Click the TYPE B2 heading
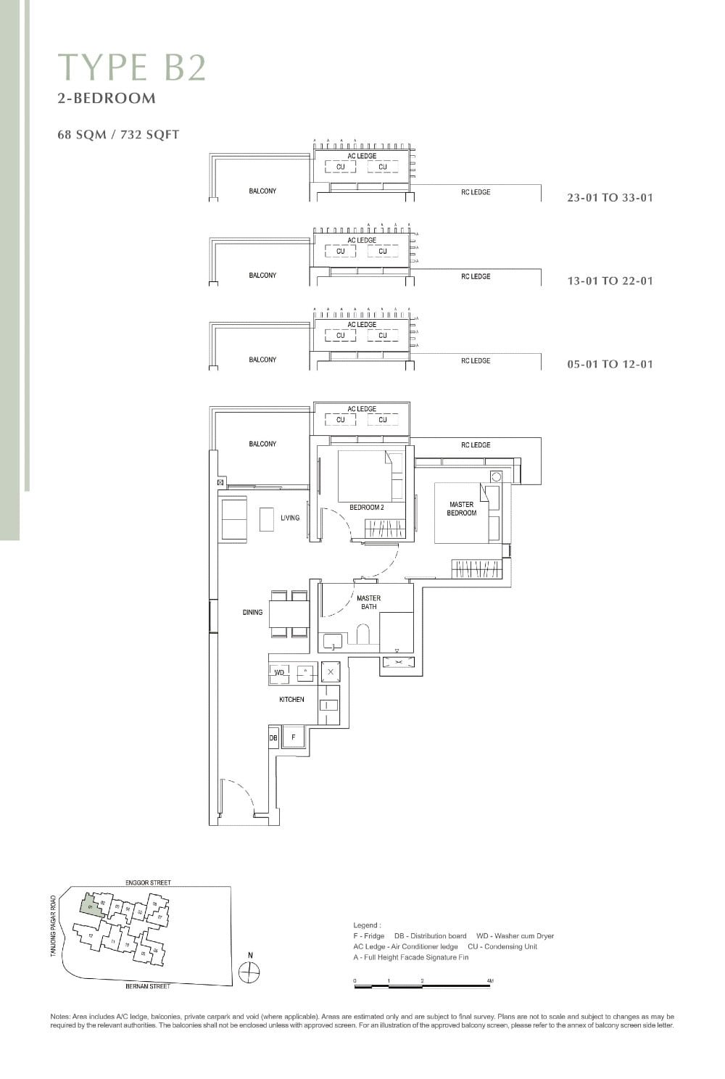coord(132,67)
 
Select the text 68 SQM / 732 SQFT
coord(118,134)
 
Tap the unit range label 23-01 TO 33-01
coord(610,197)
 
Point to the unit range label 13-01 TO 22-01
coord(610,281)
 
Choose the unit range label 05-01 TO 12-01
coord(610,364)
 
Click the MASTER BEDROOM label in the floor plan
coord(461,508)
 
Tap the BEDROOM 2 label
coord(366,508)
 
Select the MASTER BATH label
coord(368,602)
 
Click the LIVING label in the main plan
coord(290,518)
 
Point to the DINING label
coord(252,612)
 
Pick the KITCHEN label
coord(291,699)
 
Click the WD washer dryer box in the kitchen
coord(279,673)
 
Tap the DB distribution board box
coord(273,737)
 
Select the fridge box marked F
coord(293,737)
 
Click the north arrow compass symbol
coord(249,972)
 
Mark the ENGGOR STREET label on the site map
coord(148,882)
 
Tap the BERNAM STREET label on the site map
coord(148,986)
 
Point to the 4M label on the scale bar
coord(490,980)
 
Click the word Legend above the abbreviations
coord(366,925)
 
